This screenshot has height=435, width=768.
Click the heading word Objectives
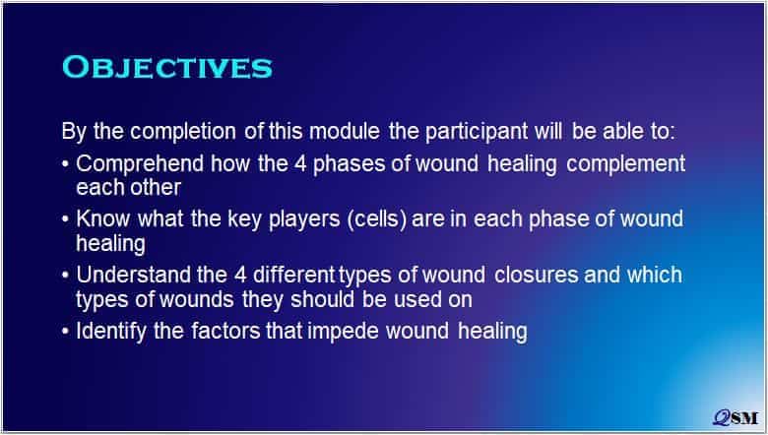tap(167, 68)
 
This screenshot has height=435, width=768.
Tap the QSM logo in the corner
tap(736, 417)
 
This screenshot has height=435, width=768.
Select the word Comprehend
tap(140, 164)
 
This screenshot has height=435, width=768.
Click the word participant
tap(477, 132)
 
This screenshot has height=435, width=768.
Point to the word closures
tap(537, 275)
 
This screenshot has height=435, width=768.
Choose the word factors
tap(226, 332)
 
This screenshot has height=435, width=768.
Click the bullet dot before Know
tap(66, 219)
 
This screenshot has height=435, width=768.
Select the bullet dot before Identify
tap(66, 331)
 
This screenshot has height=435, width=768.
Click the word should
tap(322, 299)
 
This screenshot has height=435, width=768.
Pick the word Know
tap(102, 219)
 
